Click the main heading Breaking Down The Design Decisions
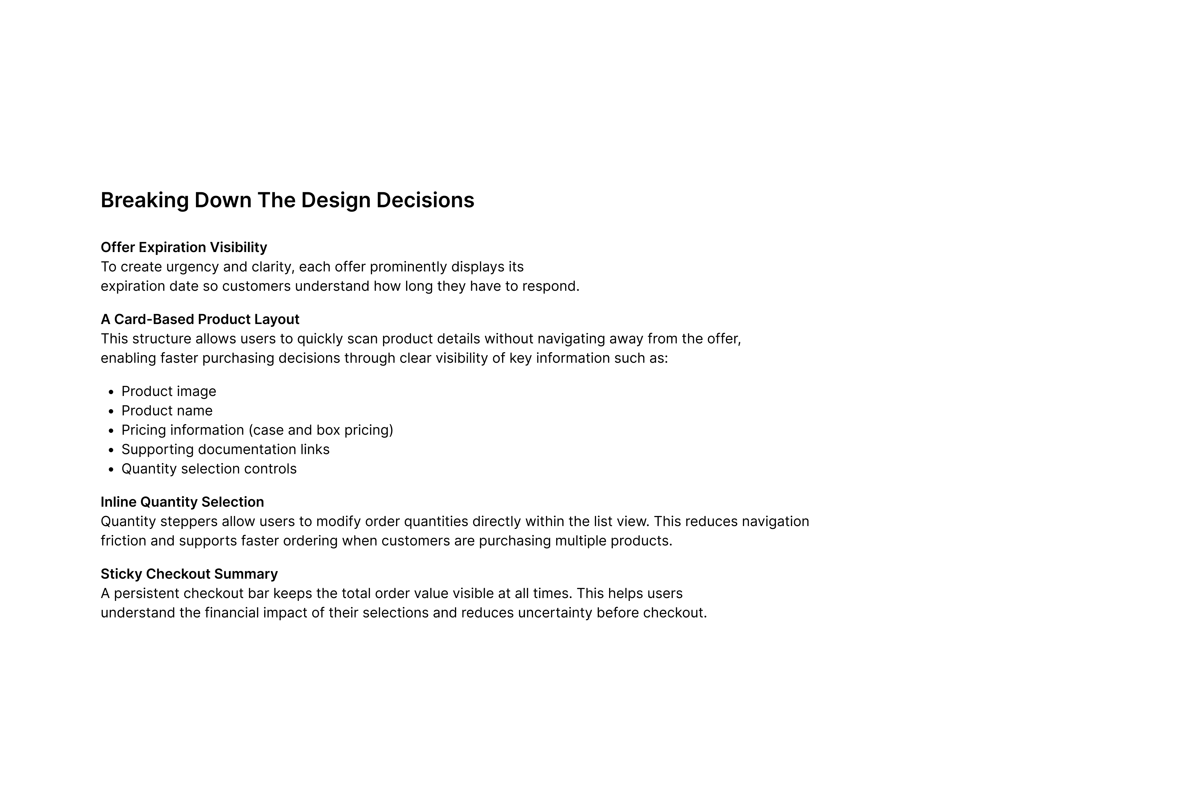(x=287, y=200)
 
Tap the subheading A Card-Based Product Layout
(x=200, y=319)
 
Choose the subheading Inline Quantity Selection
(x=182, y=502)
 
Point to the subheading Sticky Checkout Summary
(x=189, y=574)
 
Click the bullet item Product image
(x=169, y=391)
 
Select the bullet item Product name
(x=166, y=411)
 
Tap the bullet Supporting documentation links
(x=225, y=449)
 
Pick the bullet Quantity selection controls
(x=209, y=469)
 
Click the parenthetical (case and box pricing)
(x=321, y=430)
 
